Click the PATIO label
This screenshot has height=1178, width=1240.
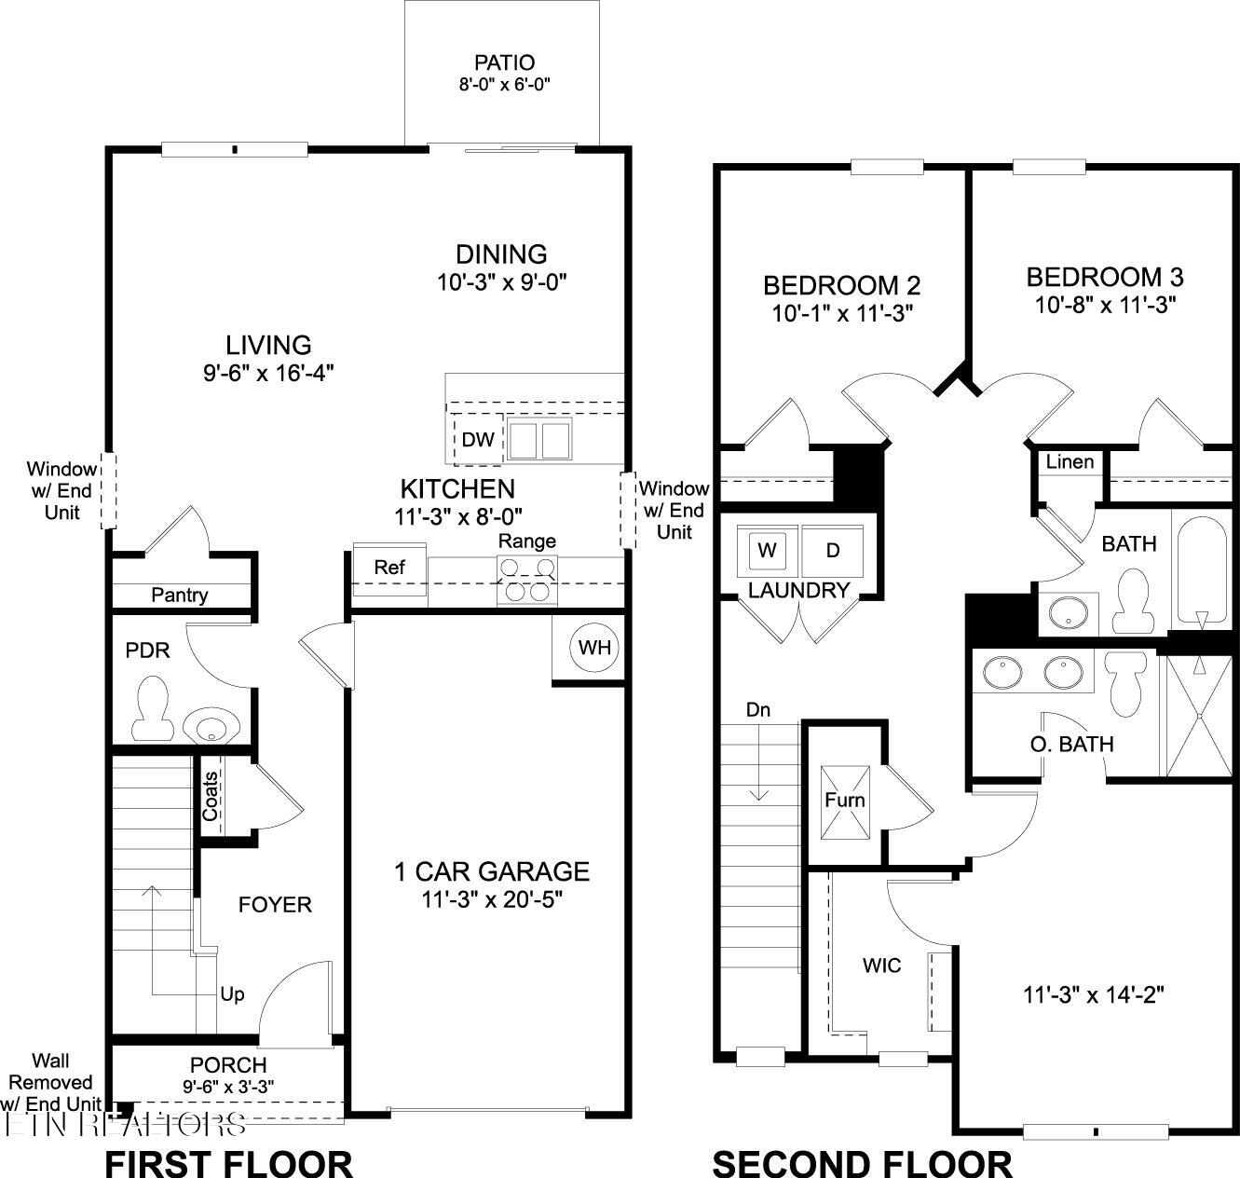point(504,63)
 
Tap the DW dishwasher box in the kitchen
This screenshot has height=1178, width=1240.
point(478,439)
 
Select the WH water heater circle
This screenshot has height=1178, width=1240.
point(594,647)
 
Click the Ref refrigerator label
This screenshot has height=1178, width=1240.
point(389,568)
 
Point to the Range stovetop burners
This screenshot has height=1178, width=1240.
point(527,578)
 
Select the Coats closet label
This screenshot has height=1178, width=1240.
point(211,796)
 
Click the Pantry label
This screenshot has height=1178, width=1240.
point(180,595)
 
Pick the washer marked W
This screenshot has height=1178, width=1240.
point(767,550)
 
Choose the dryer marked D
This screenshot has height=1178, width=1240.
point(833,550)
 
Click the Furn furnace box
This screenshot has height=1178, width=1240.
point(845,800)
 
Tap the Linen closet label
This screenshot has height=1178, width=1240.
point(1070,462)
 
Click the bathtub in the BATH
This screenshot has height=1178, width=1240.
point(1201,569)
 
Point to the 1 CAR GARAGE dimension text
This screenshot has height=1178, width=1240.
point(492,900)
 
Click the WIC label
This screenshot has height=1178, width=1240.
point(881,966)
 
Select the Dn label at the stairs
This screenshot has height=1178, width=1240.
point(758,709)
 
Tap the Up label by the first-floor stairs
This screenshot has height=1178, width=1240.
point(232,994)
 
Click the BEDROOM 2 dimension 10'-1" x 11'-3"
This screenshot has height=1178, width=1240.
point(841,313)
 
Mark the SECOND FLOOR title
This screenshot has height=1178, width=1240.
point(862,1164)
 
